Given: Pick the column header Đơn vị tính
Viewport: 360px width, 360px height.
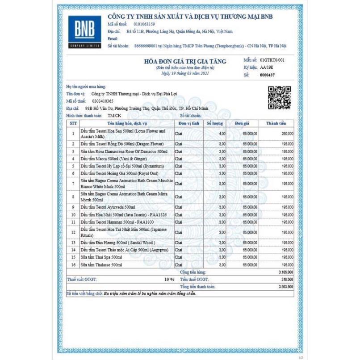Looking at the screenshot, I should tap(188, 123).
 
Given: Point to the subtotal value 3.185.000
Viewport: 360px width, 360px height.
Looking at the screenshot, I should tap(284, 272).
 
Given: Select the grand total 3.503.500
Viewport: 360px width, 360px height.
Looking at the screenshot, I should tap(284, 286).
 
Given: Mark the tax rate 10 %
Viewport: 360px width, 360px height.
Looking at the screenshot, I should tap(169, 279).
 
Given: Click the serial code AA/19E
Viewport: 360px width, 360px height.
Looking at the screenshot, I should tap(267, 67).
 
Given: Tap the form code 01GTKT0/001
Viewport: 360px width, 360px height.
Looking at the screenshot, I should tap(272, 59).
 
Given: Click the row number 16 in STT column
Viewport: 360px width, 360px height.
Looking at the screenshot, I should tap(73, 265).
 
